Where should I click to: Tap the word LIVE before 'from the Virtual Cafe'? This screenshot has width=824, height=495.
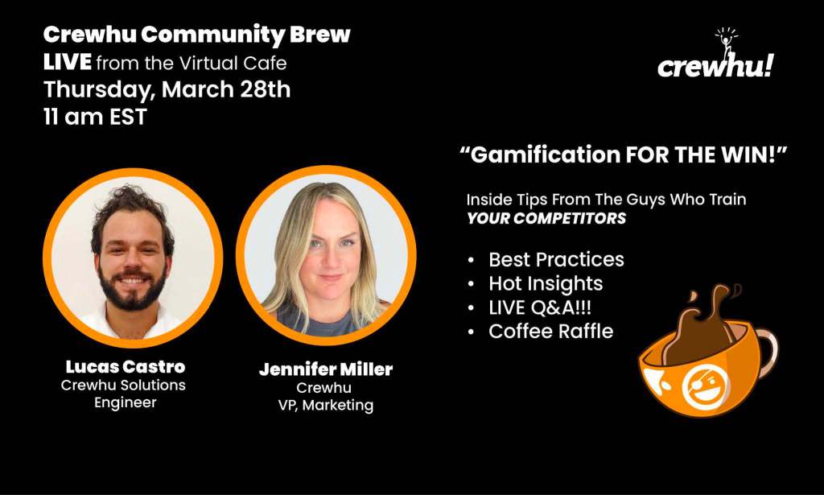coord(68,63)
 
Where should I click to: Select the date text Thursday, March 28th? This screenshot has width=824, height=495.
coord(167,90)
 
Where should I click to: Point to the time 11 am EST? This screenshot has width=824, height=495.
coord(95,117)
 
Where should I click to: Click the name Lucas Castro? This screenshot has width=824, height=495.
coord(125,366)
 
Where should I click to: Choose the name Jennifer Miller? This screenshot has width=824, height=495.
coord(326,369)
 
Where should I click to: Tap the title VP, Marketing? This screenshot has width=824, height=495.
coord(326,406)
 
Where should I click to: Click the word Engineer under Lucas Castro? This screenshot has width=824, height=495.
coord(125,403)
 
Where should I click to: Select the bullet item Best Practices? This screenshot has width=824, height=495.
coord(557,260)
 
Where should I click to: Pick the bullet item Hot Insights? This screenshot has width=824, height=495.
coord(546,284)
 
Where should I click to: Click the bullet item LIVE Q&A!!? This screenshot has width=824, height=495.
coord(540,307)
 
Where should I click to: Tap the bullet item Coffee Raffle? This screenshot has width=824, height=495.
coord(550,332)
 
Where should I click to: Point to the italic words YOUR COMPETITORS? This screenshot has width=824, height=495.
coord(546,219)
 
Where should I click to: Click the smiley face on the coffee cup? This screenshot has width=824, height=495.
coord(704,388)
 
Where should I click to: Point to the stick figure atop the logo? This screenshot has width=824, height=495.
coord(727,42)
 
